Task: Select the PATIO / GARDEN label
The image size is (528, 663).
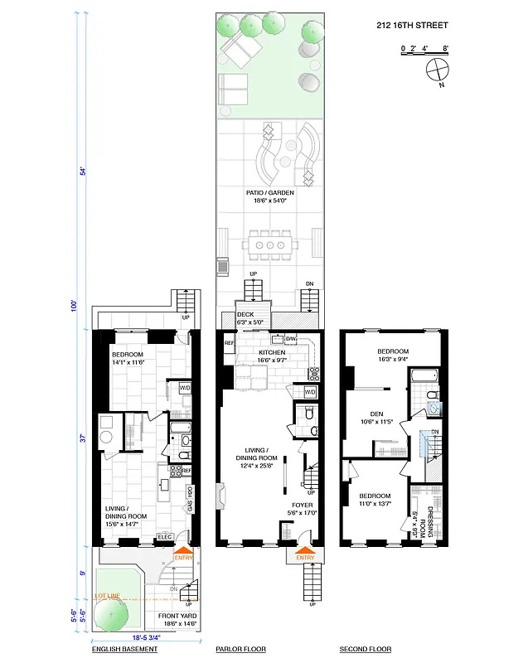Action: tap(267, 196)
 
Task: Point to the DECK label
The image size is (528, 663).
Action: tap(245, 315)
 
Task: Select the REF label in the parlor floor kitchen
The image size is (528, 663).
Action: tap(229, 342)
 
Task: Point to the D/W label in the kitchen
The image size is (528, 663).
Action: tap(291, 339)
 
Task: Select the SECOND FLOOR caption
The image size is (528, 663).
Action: tap(366, 650)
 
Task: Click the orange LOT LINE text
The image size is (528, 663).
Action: tap(108, 596)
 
